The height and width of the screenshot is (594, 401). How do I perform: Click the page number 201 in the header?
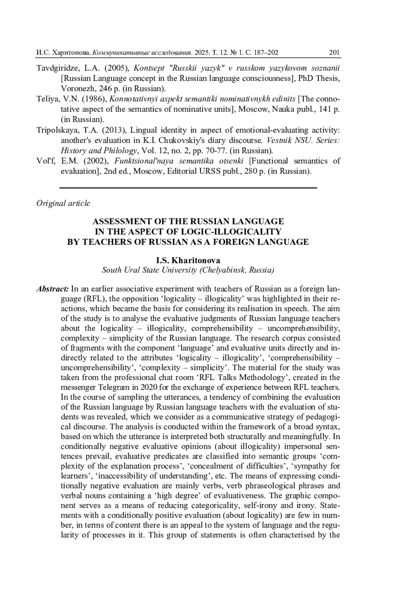point(334,52)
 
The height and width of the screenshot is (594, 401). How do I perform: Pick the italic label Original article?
point(63,203)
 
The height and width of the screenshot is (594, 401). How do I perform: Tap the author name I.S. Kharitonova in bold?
point(188,260)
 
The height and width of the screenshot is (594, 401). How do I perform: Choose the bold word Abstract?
point(52,289)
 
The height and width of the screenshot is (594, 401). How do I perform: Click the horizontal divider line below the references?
point(188,188)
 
